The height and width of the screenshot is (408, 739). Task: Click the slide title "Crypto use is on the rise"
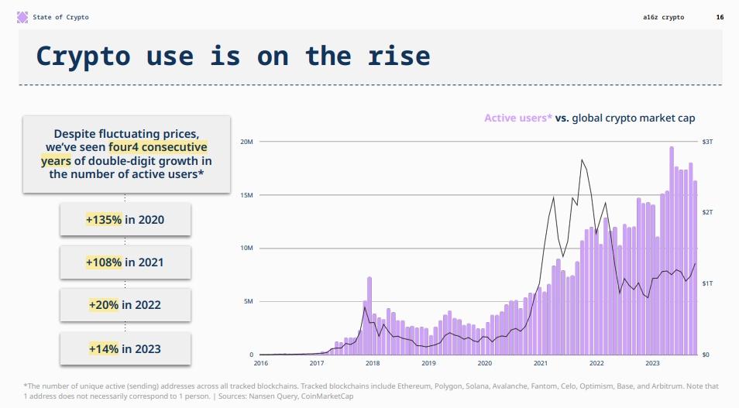click(x=233, y=56)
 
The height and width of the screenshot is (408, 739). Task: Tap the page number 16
click(x=719, y=17)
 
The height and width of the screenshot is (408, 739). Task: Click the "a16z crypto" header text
click(x=664, y=17)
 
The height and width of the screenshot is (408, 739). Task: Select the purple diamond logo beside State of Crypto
click(x=22, y=17)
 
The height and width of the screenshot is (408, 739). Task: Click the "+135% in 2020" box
click(x=125, y=220)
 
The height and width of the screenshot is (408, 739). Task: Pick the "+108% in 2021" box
click(x=125, y=262)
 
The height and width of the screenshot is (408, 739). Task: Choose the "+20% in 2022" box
click(x=125, y=305)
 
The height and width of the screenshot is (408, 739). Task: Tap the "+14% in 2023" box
click(x=125, y=348)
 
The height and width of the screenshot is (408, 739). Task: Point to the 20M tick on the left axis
click(x=247, y=142)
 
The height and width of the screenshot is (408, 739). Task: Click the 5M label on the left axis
click(x=249, y=301)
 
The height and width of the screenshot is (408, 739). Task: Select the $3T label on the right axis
click(x=707, y=142)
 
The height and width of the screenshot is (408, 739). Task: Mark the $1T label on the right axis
click(x=707, y=284)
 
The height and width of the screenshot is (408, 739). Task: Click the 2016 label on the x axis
click(x=261, y=362)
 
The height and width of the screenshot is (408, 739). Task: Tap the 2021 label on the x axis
click(x=541, y=362)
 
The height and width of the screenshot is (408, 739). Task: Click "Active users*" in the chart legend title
click(x=518, y=118)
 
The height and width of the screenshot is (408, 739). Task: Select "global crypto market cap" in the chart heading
click(x=633, y=118)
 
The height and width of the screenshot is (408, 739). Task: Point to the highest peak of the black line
click(x=582, y=160)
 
